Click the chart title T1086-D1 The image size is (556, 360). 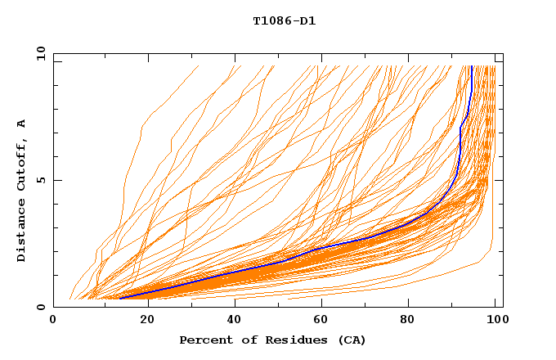click(x=284, y=20)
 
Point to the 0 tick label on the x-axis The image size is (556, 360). click(x=53, y=321)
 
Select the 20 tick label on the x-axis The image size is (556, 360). click(x=142, y=321)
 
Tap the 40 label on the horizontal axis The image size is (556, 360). click(x=231, y=321)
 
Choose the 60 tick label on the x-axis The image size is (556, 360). click(x=320, y=321)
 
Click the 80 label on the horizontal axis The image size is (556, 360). click(x=408, y=321)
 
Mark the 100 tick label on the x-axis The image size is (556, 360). click(x=496, y=321)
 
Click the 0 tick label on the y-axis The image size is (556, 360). click(x=41, y=308)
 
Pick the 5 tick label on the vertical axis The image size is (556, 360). click(x=41, y=180)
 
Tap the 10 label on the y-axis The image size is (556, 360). click(x=38, y=53)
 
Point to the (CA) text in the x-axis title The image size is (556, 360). click(x=352, y=340)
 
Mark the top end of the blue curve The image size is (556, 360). click(x=472, y=66)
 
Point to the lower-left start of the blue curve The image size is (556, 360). click(x=120, y=299)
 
